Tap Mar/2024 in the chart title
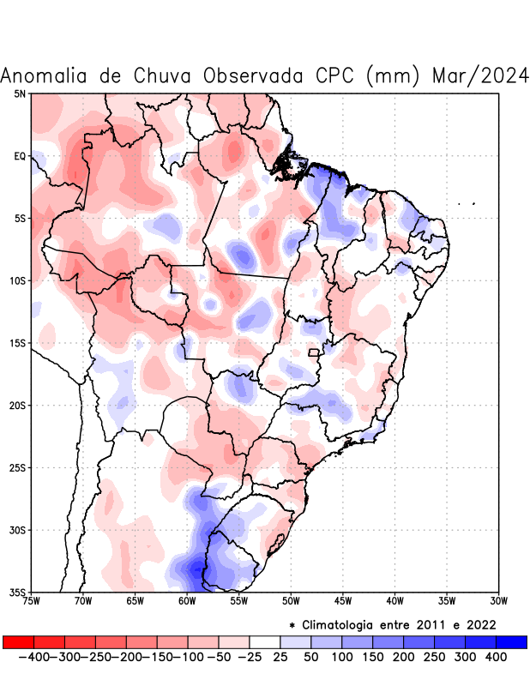tap(480, 75)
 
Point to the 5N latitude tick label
tap(20, 93)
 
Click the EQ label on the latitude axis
tap(20, 156)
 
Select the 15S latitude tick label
tap(18, 343)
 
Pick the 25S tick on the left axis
tap(18, 467)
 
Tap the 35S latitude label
tap(18, 592)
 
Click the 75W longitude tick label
tap(32, 601)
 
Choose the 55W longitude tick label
tap(239, 601)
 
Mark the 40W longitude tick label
tap(394, 601)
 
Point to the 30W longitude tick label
tap(498, 601)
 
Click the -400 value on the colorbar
tap(33, 657)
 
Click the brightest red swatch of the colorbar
tap(18, 641)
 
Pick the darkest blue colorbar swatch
tap(512, 641)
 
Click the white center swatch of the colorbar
tap(265, 641)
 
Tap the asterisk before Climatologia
tap(292, 624)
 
